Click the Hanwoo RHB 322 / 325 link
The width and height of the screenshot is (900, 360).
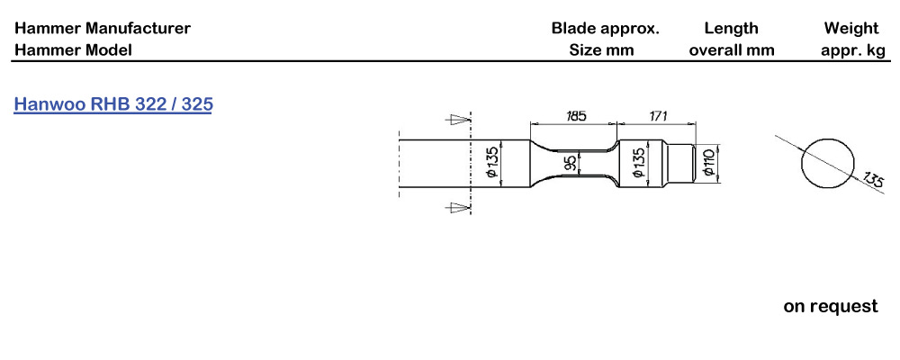pos(113,104)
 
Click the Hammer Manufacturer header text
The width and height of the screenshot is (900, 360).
pos(103,29)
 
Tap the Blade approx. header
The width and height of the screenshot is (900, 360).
pos(605,29)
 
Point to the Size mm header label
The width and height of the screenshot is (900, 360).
pos(601,50)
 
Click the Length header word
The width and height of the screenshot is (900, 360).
pos(731,29)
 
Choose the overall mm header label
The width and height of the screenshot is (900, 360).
pos(731,50)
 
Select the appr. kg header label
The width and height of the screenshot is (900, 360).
pos(853,50)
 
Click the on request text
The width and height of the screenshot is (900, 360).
pos(830,307)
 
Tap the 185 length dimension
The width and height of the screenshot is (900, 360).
pos(576,116)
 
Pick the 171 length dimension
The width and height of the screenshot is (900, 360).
pos(659,116)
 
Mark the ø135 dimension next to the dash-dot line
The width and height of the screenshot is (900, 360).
pos(492,163)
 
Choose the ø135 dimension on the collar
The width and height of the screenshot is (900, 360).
pos(639,163)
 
